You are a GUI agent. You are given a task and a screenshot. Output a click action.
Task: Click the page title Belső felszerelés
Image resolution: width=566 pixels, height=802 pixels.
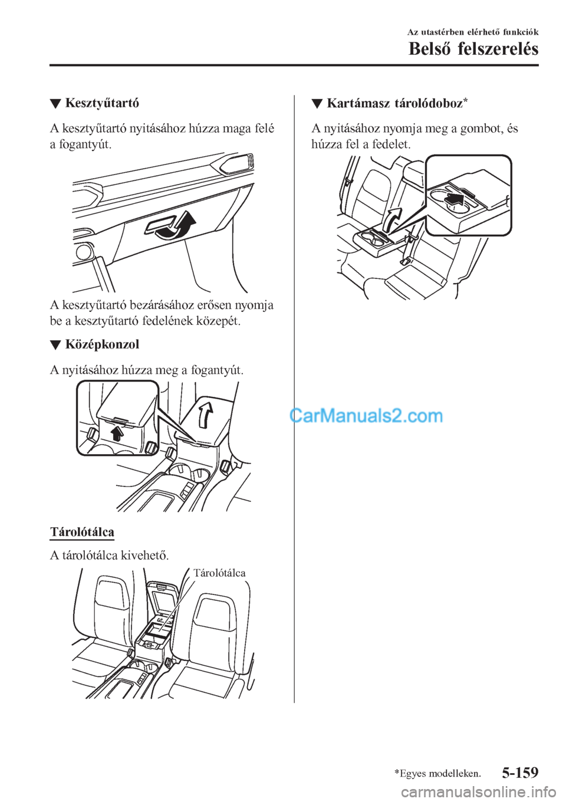tap(473, 49)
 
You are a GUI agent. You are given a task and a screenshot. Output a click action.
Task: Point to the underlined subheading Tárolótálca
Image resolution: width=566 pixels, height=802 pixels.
tap(82, 532)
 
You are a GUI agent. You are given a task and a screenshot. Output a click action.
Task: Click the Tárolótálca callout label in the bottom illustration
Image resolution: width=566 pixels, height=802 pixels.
tap(220, 573)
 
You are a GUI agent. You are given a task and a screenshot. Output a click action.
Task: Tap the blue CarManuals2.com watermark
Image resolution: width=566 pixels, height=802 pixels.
tap(366, 416)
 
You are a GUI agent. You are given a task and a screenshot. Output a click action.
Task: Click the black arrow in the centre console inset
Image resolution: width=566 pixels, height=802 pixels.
tap(117, 435)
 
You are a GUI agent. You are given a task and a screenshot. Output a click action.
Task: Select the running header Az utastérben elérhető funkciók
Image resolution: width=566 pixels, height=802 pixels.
tap(473, 32)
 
